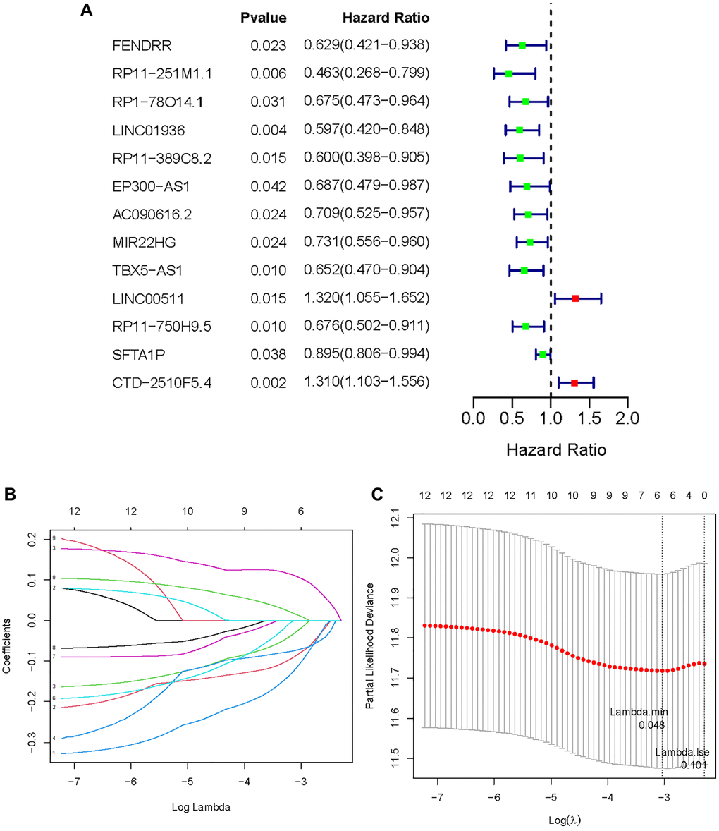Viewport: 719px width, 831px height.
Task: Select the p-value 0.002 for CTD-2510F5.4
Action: click(268, 383)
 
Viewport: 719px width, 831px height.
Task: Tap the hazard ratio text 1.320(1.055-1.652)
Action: click(366, 298)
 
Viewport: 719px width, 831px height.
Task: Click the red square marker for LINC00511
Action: click(575, 299)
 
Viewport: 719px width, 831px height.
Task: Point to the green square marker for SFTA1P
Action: click(543, 354)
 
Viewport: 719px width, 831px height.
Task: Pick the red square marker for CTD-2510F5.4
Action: click(574, 382)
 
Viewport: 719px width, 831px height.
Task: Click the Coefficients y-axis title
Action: click(8, 645)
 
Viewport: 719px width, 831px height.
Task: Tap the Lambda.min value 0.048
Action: click(651, 724)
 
